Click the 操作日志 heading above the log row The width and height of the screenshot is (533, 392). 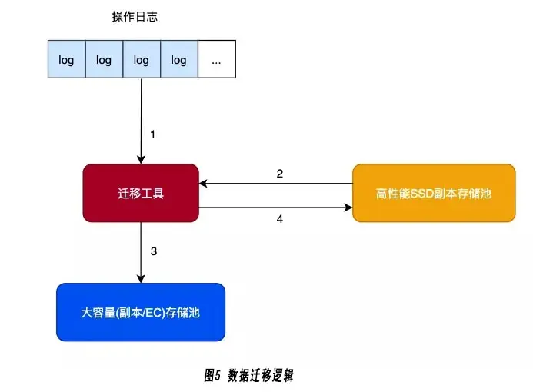tap(135, 17)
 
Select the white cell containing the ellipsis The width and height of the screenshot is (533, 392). tap(216, 60)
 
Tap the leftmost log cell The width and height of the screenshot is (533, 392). tap(66, 60)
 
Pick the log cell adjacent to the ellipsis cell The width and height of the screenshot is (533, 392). tap(178, 60)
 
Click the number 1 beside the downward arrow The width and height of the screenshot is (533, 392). tap(152, 135)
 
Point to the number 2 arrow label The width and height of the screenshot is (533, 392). tap(280, 174)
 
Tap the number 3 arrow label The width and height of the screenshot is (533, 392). tap(153, 251)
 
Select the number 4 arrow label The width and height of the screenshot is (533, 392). tap(280, 219)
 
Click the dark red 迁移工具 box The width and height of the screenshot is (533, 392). tap(141, 193)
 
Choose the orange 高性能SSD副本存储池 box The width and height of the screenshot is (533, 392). tap(434, 193)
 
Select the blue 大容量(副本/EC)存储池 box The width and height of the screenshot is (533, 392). tap(141, 312)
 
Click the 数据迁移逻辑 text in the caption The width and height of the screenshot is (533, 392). tap(261, 376)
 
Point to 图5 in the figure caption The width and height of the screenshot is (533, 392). tap(213, 376)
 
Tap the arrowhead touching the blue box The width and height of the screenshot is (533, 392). tap(141, 278)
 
